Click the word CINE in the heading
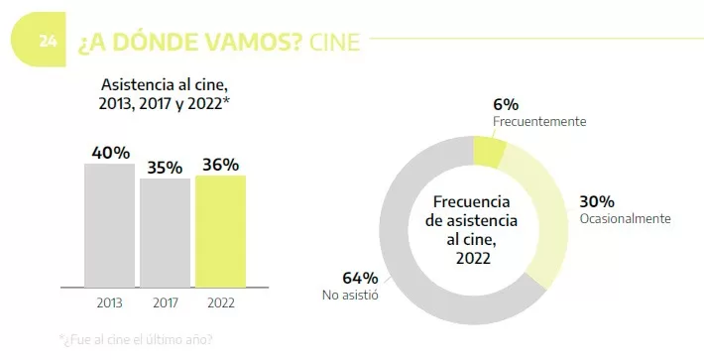(x=334, y=43)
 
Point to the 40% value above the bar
(x=110, y=153)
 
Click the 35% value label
(x=165, y=168)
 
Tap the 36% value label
(x=220, y=165)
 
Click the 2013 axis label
(x=109, y=301)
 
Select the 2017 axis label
(x=165, y=301)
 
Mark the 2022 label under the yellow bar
(x=220, y=301)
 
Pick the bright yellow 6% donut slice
(x=488, y=151)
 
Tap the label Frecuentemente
(x=539, y=122)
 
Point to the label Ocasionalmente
(x=626, y=218)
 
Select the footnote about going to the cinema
(x=136, y=339)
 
